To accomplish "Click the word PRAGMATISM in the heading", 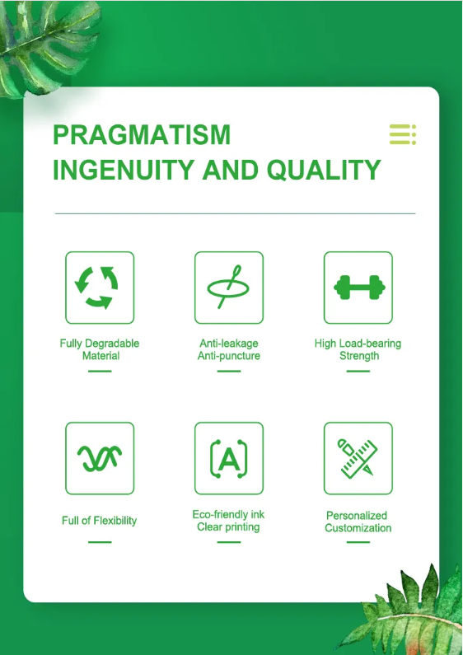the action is click(x=142, y=134).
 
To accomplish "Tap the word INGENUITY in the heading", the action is click(x=124, y=170).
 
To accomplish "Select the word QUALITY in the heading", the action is click(x=324, y=170).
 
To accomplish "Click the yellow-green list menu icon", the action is click(x=402, y=134).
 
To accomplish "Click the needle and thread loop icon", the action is click(x=228, y=287).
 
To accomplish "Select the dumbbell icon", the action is click(x=359, y=288).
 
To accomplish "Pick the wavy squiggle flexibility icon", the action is click(x=100, y=458).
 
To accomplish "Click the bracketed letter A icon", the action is click(x=228, y=459).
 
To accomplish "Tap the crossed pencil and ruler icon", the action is click(x=358, y=458).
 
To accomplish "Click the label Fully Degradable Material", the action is click(x=100, y=349).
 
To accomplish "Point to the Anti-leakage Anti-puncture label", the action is click(x=228, y=349).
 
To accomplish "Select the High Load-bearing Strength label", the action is click(x=358, y=349).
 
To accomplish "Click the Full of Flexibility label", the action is click(x=100, y=521).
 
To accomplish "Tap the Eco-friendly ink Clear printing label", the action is click(x=228, y=521).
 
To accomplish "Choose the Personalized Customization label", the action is click(x=358, y=522).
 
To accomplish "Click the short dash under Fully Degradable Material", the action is click(x=100, y=371).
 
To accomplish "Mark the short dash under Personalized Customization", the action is click(x=358, y=542).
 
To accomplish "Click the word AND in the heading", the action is click(x=230, y=170).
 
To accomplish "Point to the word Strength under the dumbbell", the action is click(x=359, y=355).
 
